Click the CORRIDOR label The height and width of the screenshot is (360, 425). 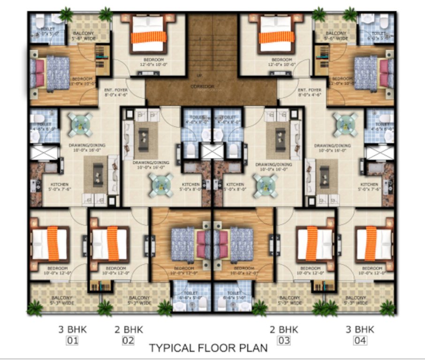203,87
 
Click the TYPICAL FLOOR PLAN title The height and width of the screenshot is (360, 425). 208,348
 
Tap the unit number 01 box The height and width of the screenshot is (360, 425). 72,340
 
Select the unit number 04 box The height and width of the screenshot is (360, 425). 360,340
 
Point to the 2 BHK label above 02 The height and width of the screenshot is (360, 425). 128,330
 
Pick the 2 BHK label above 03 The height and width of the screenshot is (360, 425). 284,330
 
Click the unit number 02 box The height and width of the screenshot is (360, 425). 128,340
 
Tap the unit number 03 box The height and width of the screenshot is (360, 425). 284,340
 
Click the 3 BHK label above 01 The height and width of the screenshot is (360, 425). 72,330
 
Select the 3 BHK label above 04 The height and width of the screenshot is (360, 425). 360,330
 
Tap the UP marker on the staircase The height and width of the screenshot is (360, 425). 199,75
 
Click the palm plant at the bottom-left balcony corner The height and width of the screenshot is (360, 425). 35,307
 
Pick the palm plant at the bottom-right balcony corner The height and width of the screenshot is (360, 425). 387,307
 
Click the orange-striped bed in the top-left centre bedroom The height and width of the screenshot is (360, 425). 149,36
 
